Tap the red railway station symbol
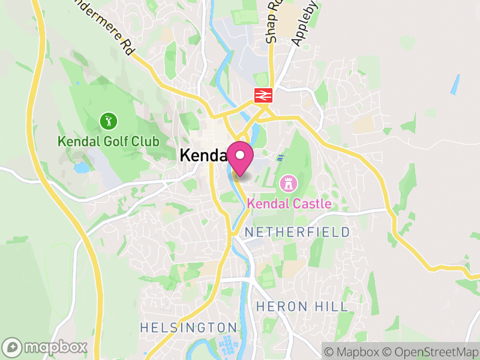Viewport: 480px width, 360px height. (x=263, y=95)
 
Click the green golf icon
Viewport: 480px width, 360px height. (x=108, y=122)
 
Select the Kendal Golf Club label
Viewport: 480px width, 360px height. (x=108, y=142)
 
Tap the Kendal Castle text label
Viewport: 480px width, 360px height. (x=289, y=204)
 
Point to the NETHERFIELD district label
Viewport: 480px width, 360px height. (x=298, y=232)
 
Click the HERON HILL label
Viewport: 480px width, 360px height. (x=301, y=307)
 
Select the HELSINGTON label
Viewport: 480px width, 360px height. (x=188, y=328)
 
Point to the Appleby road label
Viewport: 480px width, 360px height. (x=304, y=24)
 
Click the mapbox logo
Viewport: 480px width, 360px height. (x=46, y=347)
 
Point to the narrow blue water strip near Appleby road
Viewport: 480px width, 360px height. (x=455, y=85)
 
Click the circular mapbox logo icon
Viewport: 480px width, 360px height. (x=13, y=347)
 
